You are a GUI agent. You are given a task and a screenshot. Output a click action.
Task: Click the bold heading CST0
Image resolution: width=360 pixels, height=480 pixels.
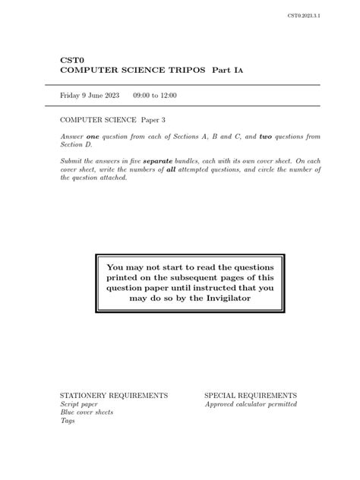[71, 59]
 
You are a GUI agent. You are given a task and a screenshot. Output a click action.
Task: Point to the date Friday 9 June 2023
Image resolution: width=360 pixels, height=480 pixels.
[90, 96]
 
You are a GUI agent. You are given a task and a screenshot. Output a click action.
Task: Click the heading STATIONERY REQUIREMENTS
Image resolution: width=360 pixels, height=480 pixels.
[114, 396]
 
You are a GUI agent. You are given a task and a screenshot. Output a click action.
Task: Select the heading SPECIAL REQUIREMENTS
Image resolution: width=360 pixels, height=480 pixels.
[251, 396]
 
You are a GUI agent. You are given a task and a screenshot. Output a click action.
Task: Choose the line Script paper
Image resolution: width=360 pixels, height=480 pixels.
[79, 404]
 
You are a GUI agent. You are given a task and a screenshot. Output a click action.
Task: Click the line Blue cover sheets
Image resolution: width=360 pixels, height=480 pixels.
[87, 412]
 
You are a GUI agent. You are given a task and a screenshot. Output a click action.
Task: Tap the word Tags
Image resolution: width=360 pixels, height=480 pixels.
[68, 421]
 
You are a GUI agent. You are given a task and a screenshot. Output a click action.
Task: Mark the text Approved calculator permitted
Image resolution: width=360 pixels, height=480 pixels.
[251, 404]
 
